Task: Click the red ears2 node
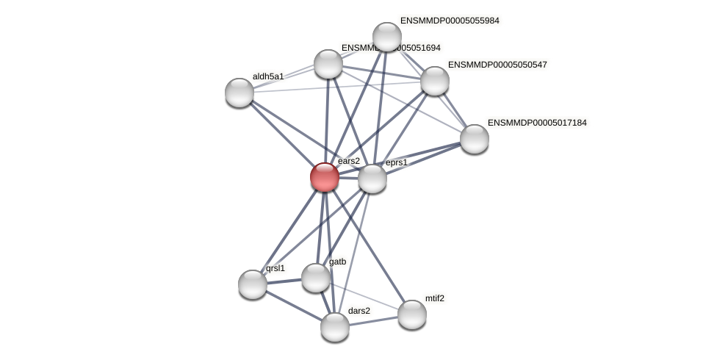tap(324, 177)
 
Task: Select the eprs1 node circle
tap(372, 179)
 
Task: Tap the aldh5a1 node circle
tap(239, 93)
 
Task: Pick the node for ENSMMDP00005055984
tap(387, 37)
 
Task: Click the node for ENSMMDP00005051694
tap(328, 64)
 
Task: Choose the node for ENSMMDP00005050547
tap(435, 81)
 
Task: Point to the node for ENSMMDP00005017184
tap(475, 139)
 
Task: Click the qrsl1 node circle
tap(253, 284)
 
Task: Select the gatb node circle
tap(316, 278)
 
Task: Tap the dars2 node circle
tap(335, 327)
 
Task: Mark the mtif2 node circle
tap(412, 314)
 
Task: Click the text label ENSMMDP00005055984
tap(450, 21)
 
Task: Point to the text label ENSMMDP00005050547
tap(497, 65)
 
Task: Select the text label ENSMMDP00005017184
tap(537, 123)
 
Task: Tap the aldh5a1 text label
tap(268, 76)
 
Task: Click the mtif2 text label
tap(435, 298)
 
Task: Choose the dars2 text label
tap(359, 311)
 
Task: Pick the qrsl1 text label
tap(275, 268)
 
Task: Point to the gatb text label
tap(337, 262)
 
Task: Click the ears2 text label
tap(349, 161)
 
